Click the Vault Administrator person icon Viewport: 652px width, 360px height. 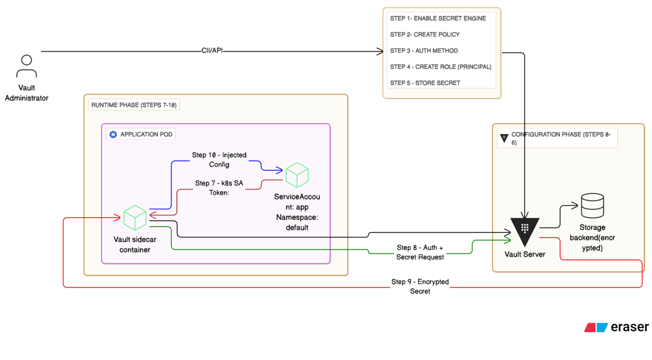[26, 66]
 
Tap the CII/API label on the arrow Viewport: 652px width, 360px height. [212, 50]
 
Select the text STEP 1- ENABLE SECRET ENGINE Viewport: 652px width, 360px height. [438, 18]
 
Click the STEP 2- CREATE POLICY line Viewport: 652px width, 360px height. [425, 34]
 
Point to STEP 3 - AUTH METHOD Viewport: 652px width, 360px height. [424, 50]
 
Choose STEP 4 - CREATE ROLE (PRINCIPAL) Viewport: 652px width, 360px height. [441, 67]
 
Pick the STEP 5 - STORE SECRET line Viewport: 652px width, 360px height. [425, 83]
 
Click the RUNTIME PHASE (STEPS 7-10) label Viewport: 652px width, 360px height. [134, 105]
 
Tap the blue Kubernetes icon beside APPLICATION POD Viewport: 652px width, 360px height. [113, 134]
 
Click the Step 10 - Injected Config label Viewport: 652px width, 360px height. [219, 160]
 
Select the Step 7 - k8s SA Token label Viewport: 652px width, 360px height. [219, 187]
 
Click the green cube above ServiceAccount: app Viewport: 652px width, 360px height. [297, 175]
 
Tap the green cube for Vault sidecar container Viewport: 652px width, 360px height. [135, 218]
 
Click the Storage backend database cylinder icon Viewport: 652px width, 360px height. [592, 205]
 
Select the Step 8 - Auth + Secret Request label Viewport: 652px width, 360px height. [420, 252]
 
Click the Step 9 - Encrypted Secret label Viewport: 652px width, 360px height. [420, 286]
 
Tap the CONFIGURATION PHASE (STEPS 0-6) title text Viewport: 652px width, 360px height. [561, 138]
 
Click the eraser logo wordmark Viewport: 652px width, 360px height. [630, 327]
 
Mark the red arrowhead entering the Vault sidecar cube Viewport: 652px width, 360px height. [117, 218]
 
